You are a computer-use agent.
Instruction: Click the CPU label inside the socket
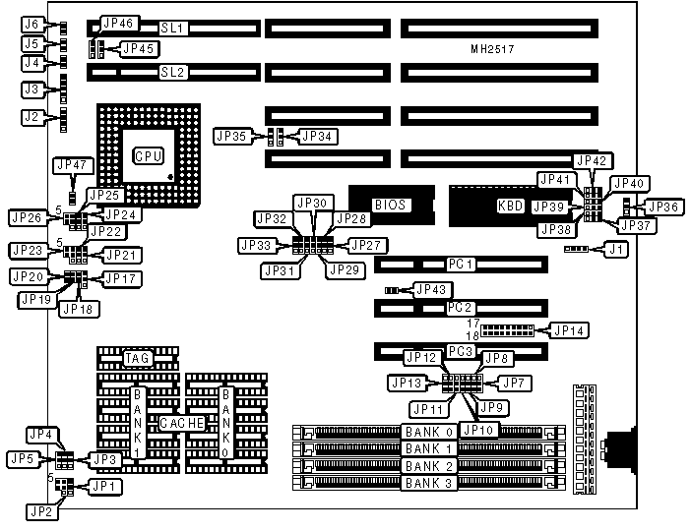pyautogui.click(x=149, y=156)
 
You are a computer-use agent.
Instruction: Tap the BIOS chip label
pyautogui.click(x=389, y=205)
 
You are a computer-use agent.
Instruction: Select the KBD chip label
pyautogui.click(x=509, y=207)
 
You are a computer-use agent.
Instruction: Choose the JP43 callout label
pyautogui.click(x=432, y=289)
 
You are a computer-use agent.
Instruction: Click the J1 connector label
pyautogui.click(x=617, y=249)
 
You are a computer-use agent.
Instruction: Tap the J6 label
pyautogui.click(x=32, y=24)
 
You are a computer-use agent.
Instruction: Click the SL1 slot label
pyautogui.click(x=173, y=29)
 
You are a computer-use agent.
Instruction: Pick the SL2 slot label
pyautogui.click(x=173, y=72)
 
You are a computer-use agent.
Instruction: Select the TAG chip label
pyautogui.click(x=137, y=358)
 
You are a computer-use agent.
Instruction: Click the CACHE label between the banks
pyautogui.click(x=182, y=422)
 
